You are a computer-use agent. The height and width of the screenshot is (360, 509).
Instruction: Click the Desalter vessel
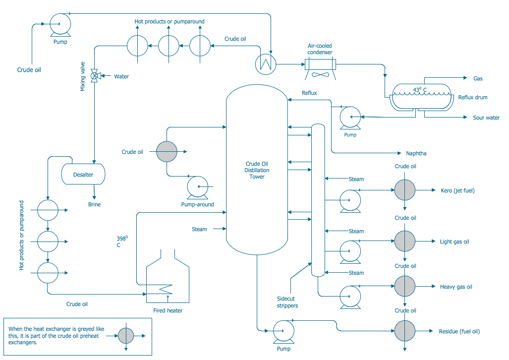pyautogui.click(x=83, y=174)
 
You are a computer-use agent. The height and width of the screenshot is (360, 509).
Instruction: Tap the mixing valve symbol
pyautogui.click(x=94, y=76)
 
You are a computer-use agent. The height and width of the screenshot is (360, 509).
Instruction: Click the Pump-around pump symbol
pyautogui.click(x=198, y=187)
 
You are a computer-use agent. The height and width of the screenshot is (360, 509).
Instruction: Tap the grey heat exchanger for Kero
pyautogui.click(x=405, y=190)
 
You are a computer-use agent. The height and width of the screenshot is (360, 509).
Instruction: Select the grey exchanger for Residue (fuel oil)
pyautogui.click(x=405, y=331)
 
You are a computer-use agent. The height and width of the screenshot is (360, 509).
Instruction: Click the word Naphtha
pyautogui.click(x=416, y=153)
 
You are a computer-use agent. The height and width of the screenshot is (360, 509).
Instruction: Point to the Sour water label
pyautogui.click(x=486, y=118)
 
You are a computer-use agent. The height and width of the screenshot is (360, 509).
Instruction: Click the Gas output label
pyautogui.click(x=478, y=78)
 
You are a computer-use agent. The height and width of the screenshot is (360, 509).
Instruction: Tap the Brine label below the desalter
pyautogui.click(x=94, y=204)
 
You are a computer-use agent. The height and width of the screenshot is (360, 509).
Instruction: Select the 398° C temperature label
pyautogui.click(x=121, y=241)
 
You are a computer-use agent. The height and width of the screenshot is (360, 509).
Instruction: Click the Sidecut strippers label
pyautogui.click(x=287, y=302)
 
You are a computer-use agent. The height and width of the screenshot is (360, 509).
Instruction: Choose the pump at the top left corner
pyautogui.click(x=60, y=23)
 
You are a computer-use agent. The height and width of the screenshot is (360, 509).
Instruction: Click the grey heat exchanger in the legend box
pyautogui.click(x=126, y=336)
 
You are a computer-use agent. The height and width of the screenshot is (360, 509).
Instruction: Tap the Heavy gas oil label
pyautogui.click(x=456, y=287)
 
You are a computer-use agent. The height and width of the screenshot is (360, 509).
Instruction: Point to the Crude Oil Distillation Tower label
pyautogui.click(x=257, y=170)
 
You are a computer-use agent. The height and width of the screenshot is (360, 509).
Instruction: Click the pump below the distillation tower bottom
pyautogui.click(x=283, y=331)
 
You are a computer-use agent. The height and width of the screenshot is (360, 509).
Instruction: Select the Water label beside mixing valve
pyautogui.click(x=121, y=76)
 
